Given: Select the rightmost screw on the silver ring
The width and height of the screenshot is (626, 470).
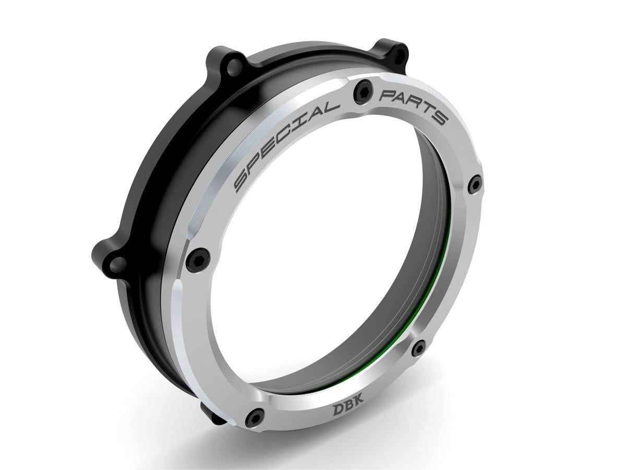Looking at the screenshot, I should pos(474,183).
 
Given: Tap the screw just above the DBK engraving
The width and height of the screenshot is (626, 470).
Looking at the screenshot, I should pos(418,348).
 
